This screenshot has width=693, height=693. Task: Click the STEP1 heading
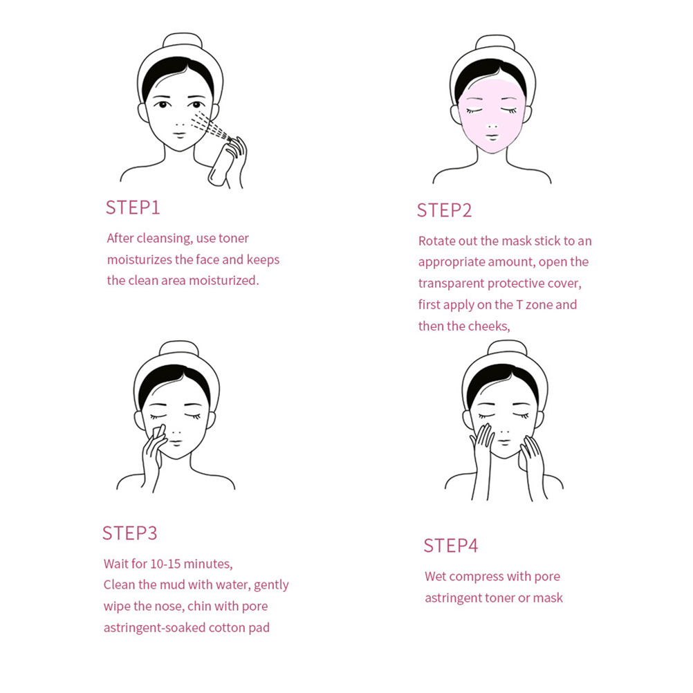tap(133, 207)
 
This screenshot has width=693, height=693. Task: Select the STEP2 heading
tap(444, 210)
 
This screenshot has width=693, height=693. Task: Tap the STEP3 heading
tap(129, 533)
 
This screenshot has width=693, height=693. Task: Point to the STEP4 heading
tap(451, 546)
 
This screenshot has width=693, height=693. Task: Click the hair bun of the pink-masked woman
tap(495, 42)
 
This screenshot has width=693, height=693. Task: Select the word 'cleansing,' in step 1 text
tap(165, 239)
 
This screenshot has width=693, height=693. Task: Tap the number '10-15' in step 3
tap(165, 564)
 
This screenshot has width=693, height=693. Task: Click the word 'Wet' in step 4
tap(435, 576)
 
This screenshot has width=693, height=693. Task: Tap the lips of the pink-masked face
tap(492, 136)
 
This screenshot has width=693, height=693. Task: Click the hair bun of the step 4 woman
tap(507, 349)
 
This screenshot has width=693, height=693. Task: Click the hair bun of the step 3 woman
tap(178, 349)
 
